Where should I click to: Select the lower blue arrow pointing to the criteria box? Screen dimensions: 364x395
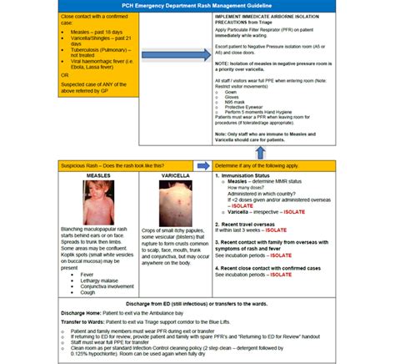(x=197, y=165)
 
